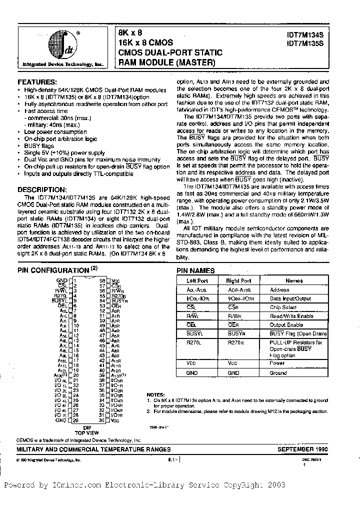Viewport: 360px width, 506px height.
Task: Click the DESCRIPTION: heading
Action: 42,189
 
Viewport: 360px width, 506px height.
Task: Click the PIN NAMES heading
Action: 195,270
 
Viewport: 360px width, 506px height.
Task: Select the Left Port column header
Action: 196,281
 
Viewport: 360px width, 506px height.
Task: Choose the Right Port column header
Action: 239,281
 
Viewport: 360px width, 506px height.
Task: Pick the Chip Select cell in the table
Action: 283,307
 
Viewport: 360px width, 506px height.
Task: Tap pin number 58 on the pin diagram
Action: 102,281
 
